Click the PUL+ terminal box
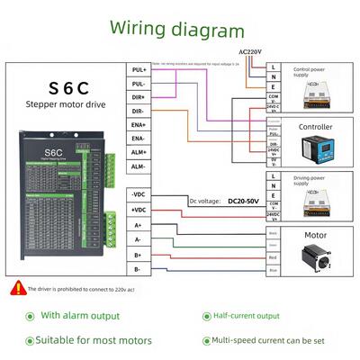pos(139,69)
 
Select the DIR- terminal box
pos(139,111)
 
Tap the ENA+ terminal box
pos(139,125)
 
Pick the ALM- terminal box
pos(139,166)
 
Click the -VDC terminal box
pos(139,194)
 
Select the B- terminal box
pos(139,268)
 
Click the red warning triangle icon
pos(16,289)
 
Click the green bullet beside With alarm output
pos(29,316)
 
